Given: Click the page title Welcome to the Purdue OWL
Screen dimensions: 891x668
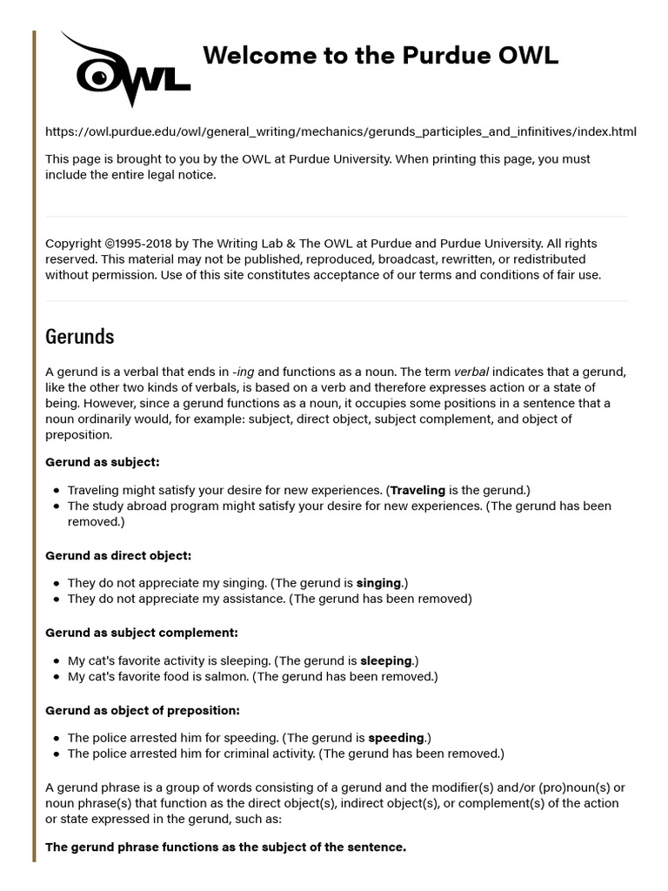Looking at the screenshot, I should (x=380, y=56).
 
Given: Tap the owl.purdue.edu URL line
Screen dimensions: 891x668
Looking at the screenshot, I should (x=340, y=131).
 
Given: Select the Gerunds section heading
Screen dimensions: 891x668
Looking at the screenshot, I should (x=79, y=336).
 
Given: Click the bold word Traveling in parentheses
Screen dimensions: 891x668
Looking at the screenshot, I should (x=417, y=490).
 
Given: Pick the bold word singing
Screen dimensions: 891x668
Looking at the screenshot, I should (x=380, y=583).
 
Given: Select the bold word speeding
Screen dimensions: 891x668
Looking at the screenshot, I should (x=397, y=738).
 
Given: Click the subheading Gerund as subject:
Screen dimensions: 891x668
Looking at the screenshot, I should (x=102, y=462).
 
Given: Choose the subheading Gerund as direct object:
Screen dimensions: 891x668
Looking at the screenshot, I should (x=117, y=555).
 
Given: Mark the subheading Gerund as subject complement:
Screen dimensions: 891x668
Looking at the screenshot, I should (x=141, y=633).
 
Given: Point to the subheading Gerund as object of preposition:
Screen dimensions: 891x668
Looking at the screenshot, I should (x=142, y=710).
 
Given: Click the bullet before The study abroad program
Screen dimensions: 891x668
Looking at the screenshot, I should (x=57, y=506).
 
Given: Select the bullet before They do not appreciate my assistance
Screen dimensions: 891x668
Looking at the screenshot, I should (x=57, y=599).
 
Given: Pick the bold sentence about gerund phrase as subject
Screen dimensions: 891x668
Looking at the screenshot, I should (x=225, y=847).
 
